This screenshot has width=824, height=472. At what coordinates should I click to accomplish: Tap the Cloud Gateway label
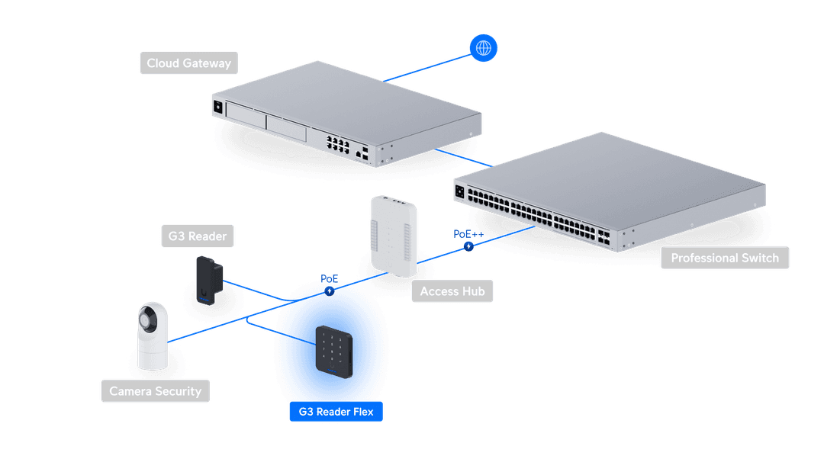point(188,63)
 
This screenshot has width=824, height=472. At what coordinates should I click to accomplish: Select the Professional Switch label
point(724,258)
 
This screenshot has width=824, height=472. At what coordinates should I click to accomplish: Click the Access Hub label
point(452,291)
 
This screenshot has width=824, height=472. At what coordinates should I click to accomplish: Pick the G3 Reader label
point(197,236)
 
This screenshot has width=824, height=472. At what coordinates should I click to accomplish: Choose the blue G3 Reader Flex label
point(336,412)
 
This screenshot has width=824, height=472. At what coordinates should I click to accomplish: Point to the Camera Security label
point(155,391)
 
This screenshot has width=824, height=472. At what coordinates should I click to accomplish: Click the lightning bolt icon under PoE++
point(468,246)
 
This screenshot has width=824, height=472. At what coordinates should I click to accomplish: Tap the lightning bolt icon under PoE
point(329,291)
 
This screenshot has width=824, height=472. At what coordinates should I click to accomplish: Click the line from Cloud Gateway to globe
point(427,66)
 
